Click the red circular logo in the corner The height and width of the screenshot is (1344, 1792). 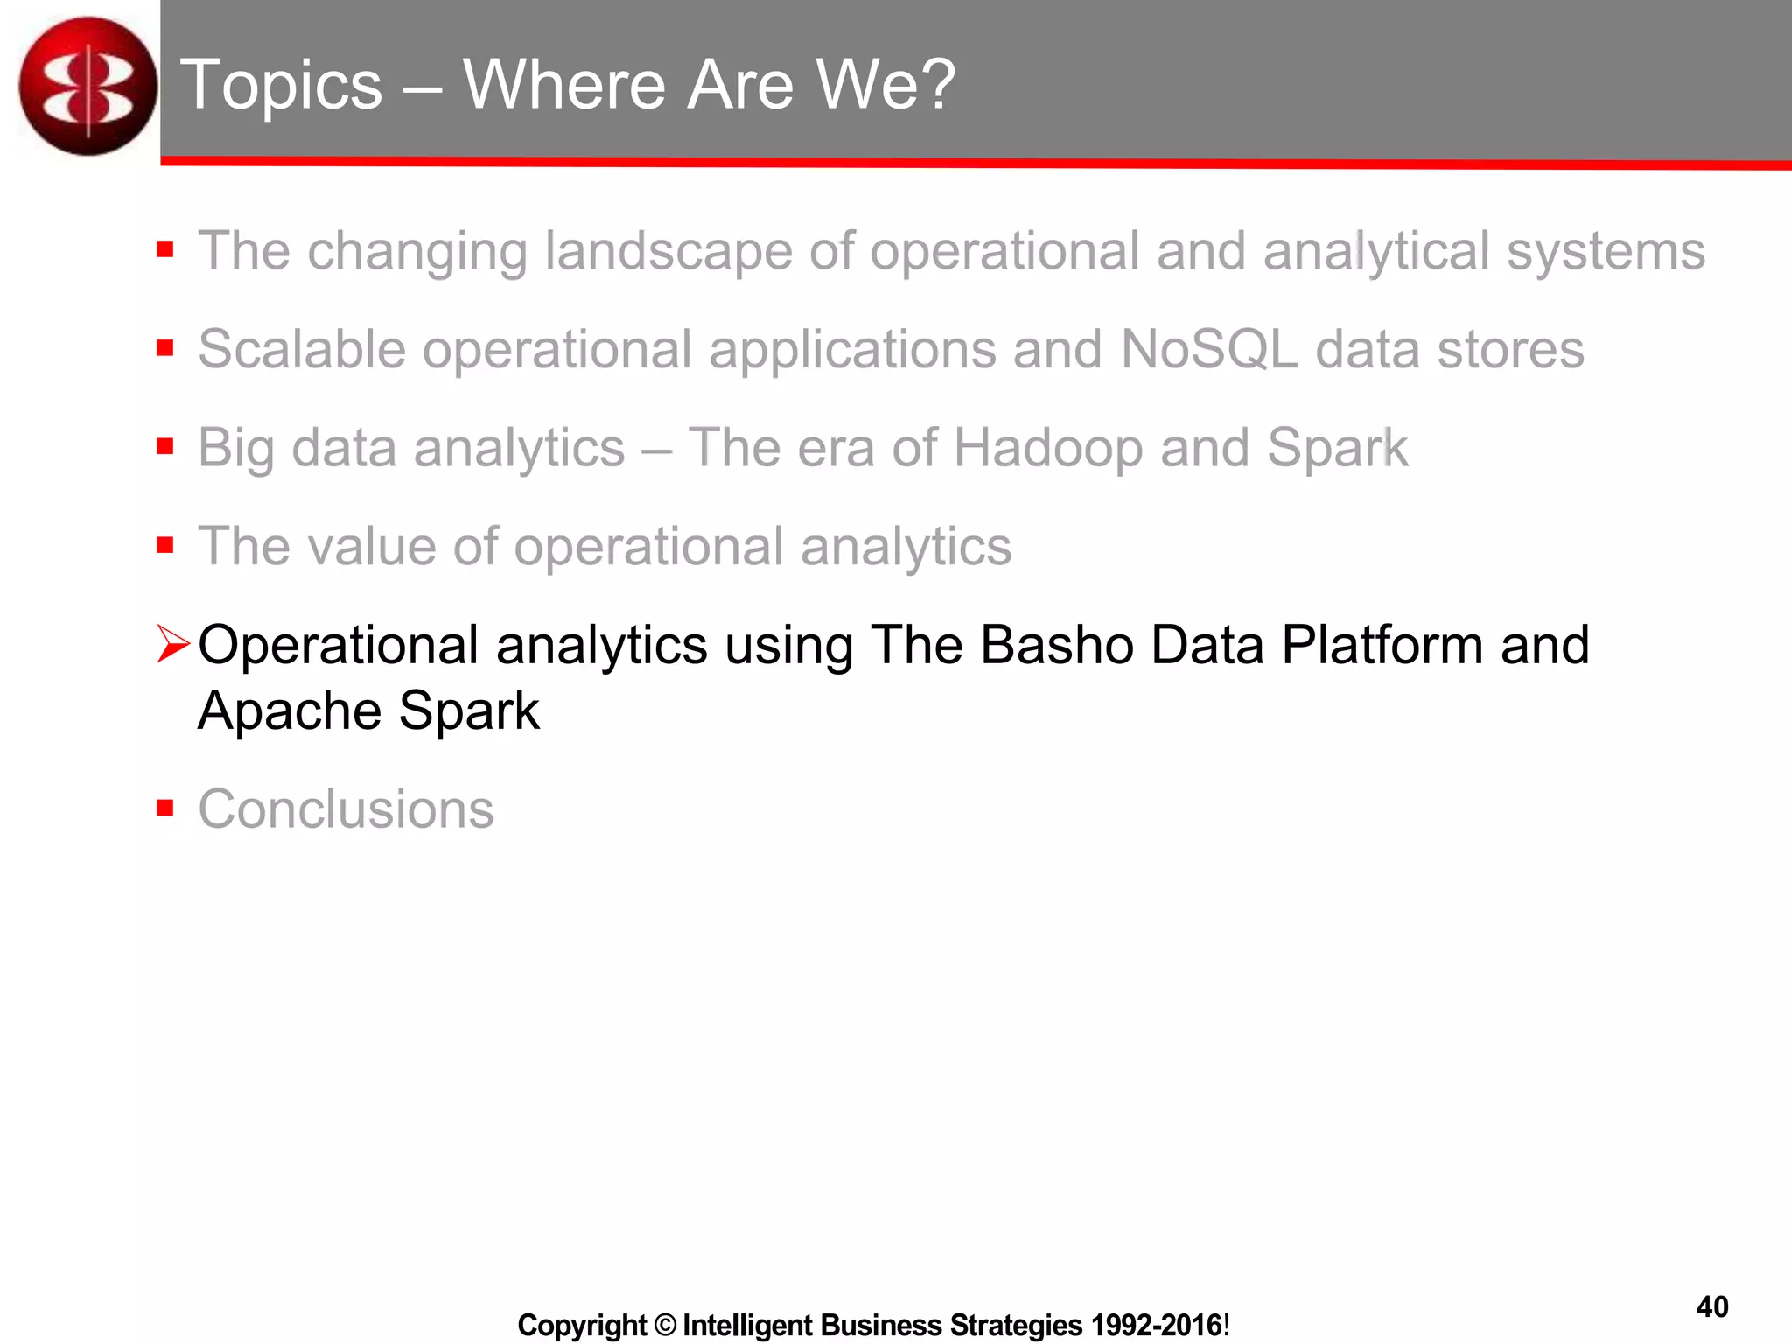pos(87,86)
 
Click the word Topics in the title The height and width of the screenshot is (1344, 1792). pos(281,85)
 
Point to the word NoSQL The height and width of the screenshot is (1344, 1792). pos(1208,349)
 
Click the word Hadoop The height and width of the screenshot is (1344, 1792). pos(1047,448)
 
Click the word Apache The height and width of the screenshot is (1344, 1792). pos(289,710)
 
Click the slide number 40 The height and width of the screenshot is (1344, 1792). pos(1711,1306)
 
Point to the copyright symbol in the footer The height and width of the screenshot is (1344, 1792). pos(665,1325)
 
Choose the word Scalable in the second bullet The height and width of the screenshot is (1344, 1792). pos(302,349)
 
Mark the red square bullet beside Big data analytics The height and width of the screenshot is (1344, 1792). pos(165,446)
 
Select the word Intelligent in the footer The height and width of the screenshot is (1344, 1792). pos(748,1325)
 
